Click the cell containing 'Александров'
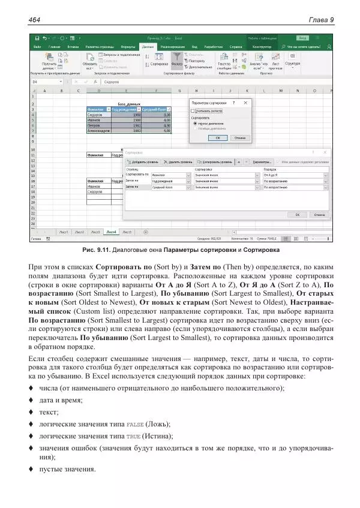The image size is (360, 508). [99, 130]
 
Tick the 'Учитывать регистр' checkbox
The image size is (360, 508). [193, 111]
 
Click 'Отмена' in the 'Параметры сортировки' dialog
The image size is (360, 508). [239, 137]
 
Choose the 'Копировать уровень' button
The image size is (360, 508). [215, 162]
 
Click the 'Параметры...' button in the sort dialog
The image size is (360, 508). [262, 162]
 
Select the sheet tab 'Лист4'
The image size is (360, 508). [111, 232]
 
